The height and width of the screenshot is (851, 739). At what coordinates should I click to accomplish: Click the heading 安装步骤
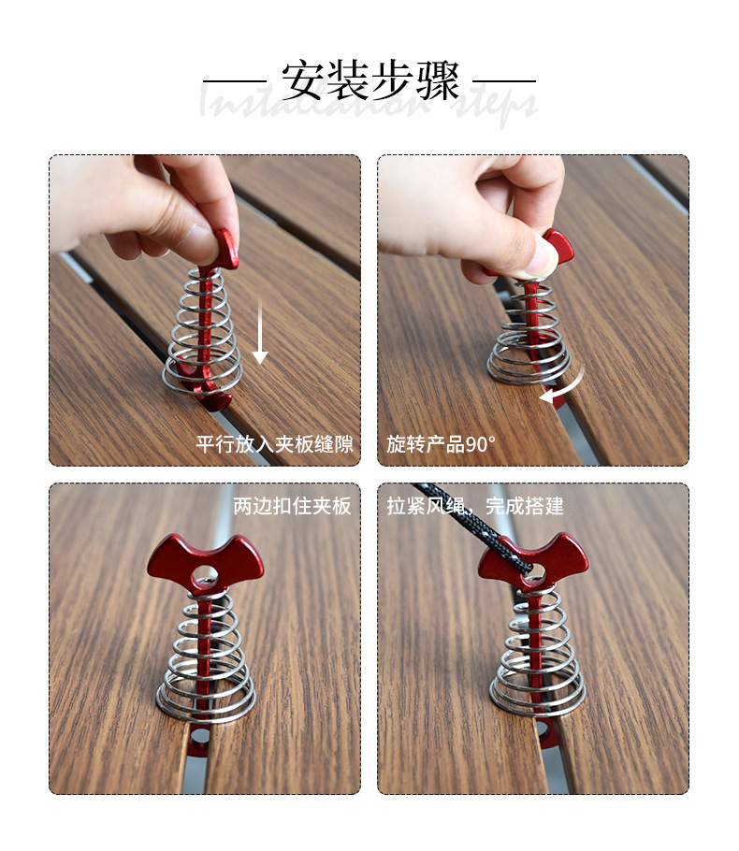coord(370,81)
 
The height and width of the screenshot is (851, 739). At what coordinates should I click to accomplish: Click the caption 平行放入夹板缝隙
coord(274,443)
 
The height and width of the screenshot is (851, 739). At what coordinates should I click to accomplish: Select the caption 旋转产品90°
coord(441,443)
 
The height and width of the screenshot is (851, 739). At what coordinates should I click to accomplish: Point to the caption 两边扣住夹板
coord(292,506)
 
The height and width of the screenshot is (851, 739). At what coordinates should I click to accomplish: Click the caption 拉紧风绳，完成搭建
coord(475,506)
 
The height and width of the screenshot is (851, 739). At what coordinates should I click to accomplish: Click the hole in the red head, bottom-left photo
coord(205,572)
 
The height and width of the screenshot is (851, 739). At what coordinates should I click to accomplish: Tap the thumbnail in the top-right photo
coord(547,253)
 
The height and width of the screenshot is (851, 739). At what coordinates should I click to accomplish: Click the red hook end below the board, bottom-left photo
coord(198,739)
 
